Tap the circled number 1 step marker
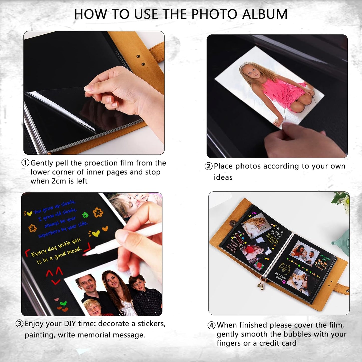point(25,163)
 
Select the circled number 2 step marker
point(209,166)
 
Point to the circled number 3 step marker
point(19,324)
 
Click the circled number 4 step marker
point(212,325)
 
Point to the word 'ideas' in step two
point(223,177)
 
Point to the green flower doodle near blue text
point(85,215)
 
